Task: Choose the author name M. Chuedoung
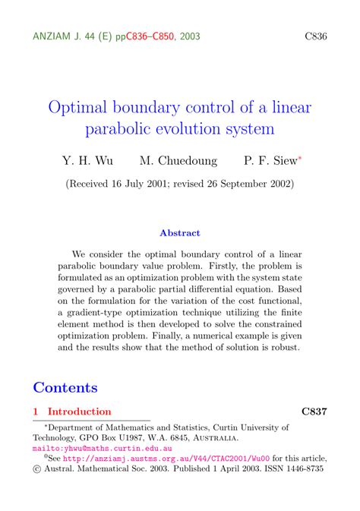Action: (x=178, y=161)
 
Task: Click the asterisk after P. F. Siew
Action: (x=299, y=158)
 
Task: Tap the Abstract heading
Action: (x=180, y=233)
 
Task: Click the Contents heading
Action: (x=65, y=387)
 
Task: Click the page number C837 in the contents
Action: (x=314, y=412)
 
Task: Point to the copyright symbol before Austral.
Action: (x=37, y=469)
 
